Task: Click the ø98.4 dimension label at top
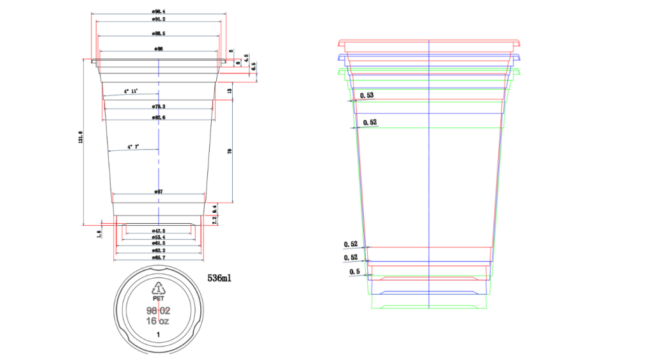[159, 12]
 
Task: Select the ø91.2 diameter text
[159, 20]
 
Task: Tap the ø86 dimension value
[159, 49]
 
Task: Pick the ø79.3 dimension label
[159, 106]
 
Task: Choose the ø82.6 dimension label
[159, 118]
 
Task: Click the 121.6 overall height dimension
[81, 138]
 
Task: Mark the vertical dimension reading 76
[230, 151]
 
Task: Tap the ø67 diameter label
[159, 192]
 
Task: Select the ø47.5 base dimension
[159, 230]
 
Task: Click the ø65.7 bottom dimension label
[159, 257]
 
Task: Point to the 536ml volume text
[221, 279]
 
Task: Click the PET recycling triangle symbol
[158, 289]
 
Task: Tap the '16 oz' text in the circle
[157, 321]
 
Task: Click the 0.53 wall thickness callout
[367, 95]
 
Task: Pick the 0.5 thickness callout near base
[354, 272]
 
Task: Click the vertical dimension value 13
[230, 91]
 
